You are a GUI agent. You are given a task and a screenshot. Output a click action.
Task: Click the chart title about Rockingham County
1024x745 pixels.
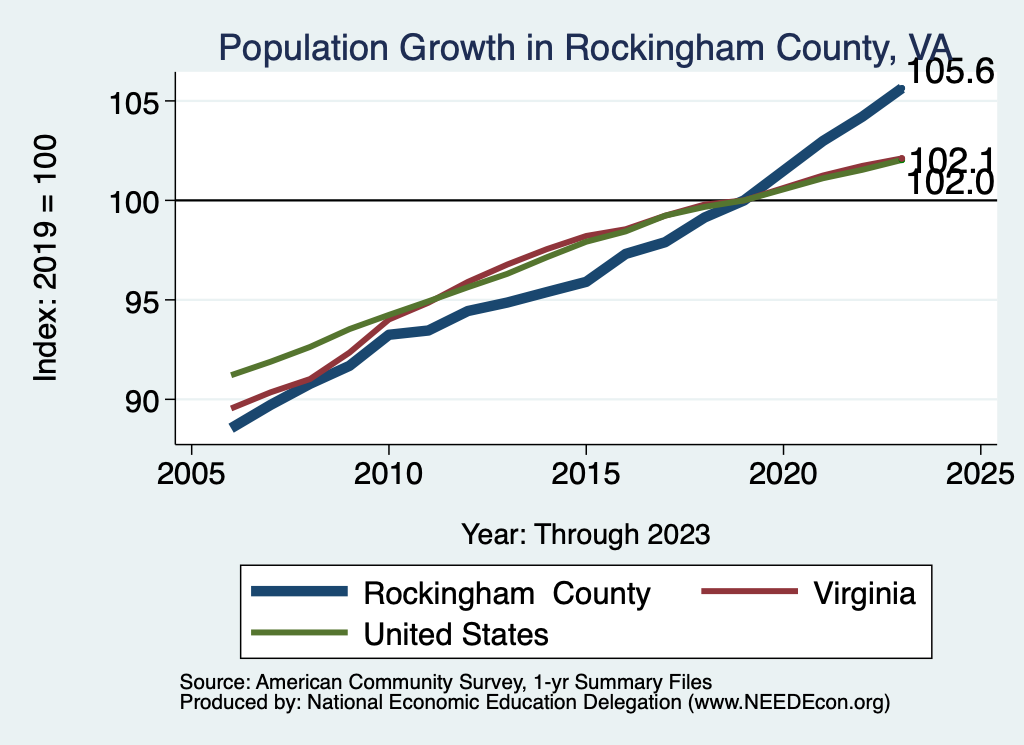[584, 47]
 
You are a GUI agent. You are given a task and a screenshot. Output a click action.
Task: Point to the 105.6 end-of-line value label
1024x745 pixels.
[951, 73]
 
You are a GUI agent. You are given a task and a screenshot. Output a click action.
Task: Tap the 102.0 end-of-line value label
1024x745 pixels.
[951, 183]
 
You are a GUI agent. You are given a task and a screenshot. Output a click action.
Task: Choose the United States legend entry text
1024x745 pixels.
[456, 633]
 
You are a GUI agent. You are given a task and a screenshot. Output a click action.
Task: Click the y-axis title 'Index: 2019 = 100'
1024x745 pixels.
[46, 257]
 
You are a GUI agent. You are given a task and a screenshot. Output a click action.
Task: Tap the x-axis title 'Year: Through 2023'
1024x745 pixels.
[585, 534]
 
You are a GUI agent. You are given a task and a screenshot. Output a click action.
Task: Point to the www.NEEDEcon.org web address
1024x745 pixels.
[787, 703]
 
